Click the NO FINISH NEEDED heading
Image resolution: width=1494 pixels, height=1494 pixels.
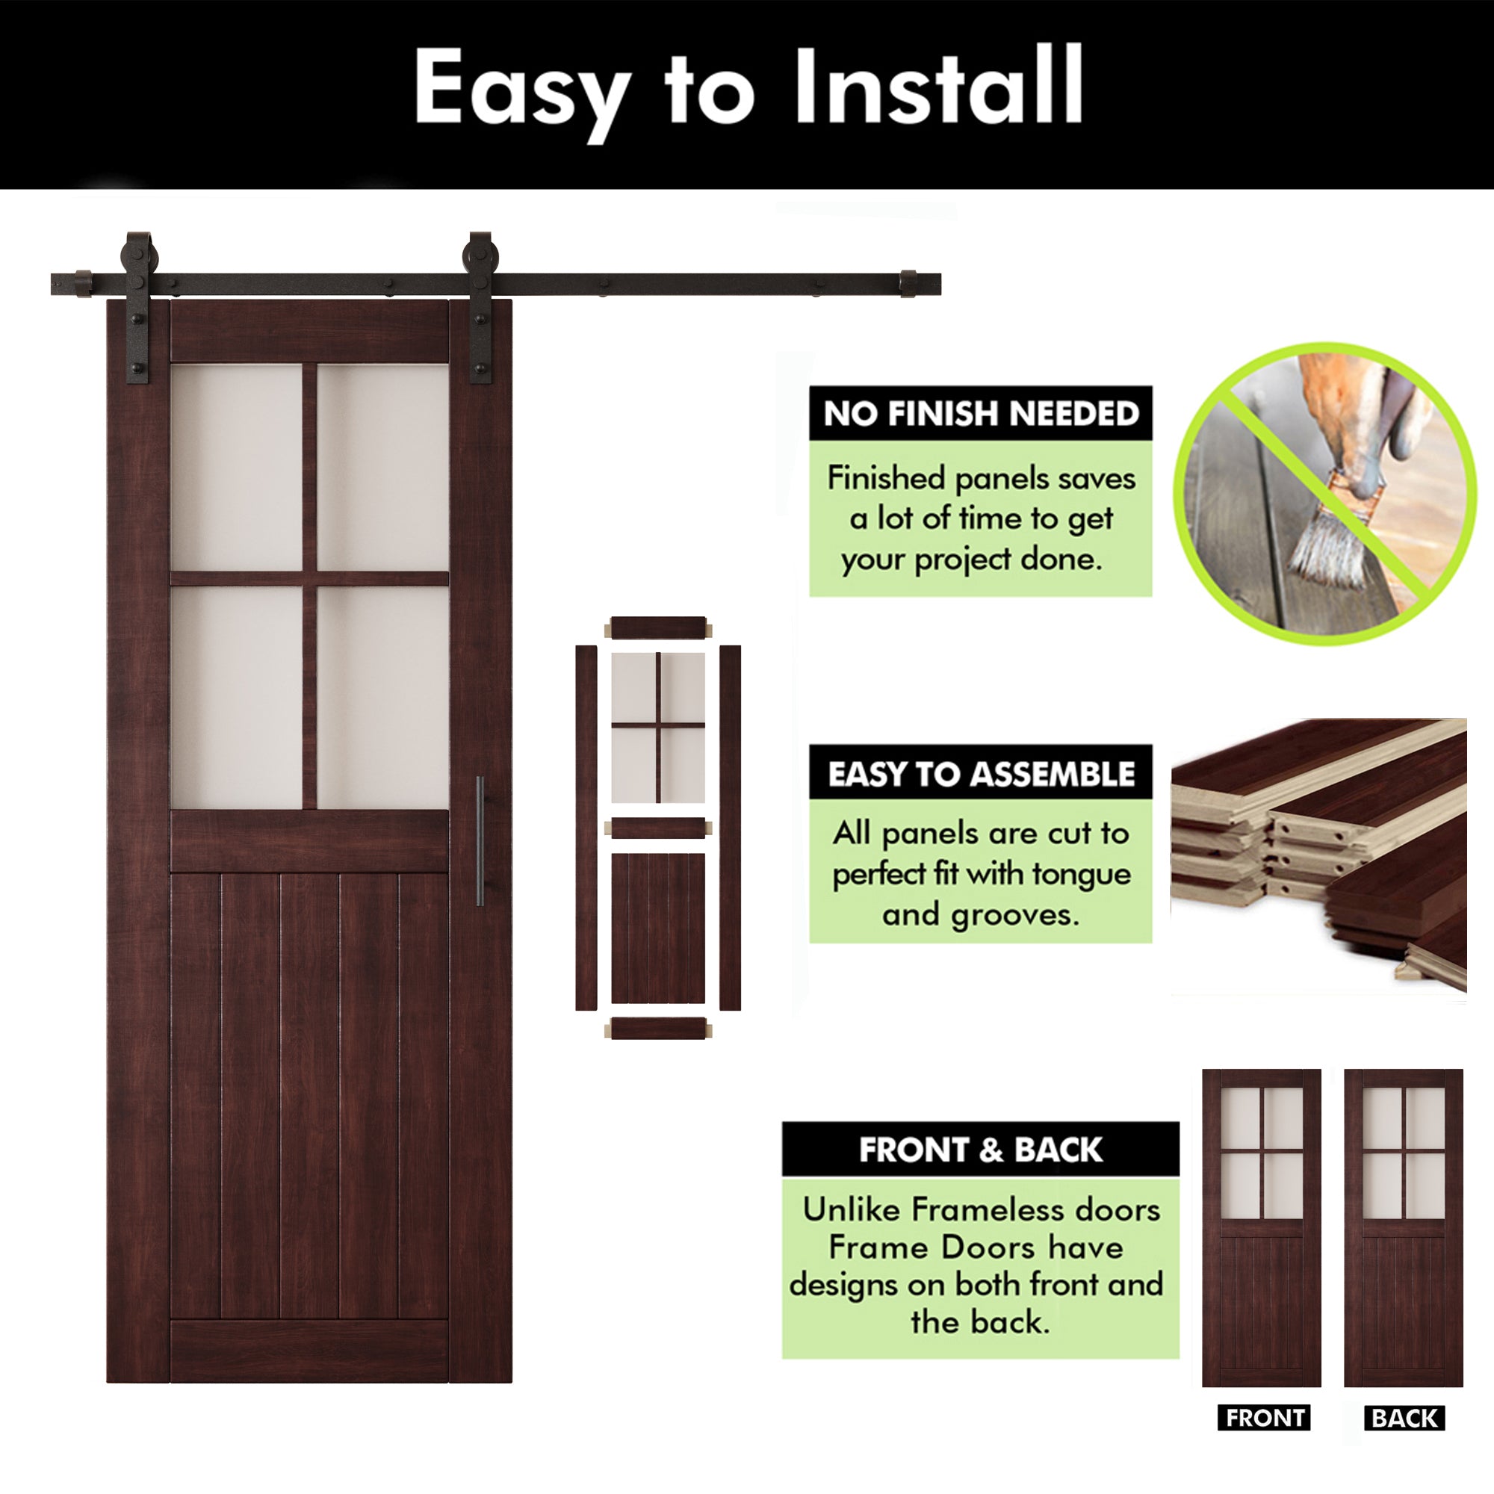click(980, 414)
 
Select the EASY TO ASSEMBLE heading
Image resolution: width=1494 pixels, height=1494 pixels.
click(980, 773)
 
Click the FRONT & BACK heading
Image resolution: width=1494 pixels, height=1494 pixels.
click(980, 1150)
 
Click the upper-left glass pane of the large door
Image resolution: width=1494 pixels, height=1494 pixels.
click(237, 467)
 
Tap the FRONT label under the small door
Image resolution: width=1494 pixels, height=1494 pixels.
click(1265, 1418)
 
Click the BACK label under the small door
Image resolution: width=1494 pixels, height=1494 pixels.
click(1404, 1418)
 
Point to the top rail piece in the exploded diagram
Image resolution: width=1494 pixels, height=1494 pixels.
click(658, 627)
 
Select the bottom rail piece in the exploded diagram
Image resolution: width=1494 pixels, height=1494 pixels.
click(658, 1029)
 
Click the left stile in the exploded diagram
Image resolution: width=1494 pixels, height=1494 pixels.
click(586, 828)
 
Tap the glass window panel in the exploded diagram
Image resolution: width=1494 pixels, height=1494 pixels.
click(658, 727)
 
